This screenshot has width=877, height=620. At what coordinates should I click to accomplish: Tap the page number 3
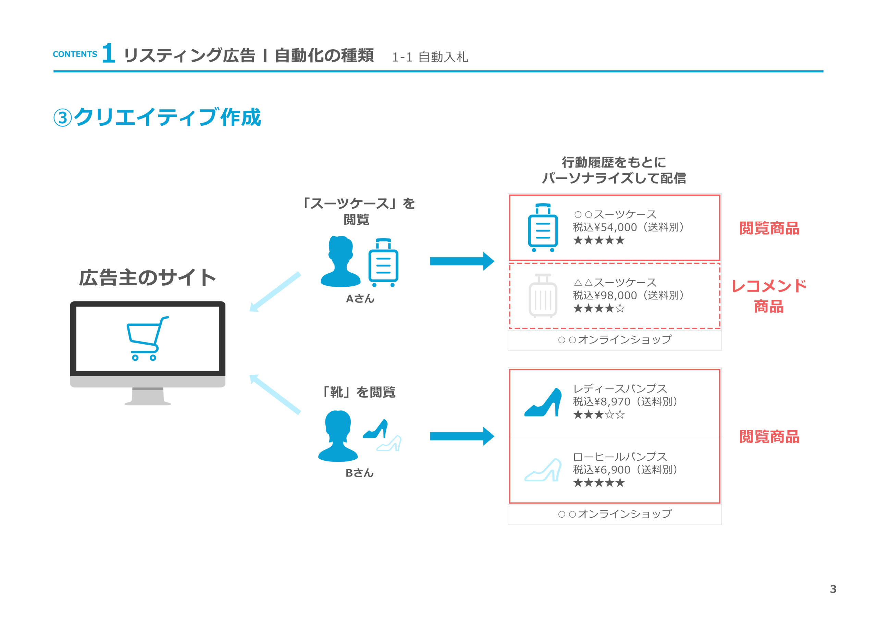pos(833,589)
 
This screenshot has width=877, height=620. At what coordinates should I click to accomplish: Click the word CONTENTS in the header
pos(75,54)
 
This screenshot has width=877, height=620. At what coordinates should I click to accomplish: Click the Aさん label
pos(360,298)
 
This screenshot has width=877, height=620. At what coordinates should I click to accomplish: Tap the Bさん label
pos(359,473)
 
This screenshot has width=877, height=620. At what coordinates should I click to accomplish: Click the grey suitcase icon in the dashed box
pos(543,296)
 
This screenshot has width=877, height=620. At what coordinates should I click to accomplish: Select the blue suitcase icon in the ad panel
pos(543,228)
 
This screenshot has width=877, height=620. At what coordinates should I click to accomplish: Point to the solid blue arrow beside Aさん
pos(462,261)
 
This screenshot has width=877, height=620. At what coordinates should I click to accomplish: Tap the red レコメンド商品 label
pos(769,296)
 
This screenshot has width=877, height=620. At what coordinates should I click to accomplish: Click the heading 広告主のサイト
pos(147,277)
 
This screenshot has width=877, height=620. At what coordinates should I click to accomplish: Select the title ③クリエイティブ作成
pos(157,117)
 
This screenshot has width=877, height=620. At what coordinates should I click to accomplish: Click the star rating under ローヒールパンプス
pos(599,483)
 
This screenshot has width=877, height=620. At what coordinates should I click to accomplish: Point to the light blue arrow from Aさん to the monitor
pos(275,292)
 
